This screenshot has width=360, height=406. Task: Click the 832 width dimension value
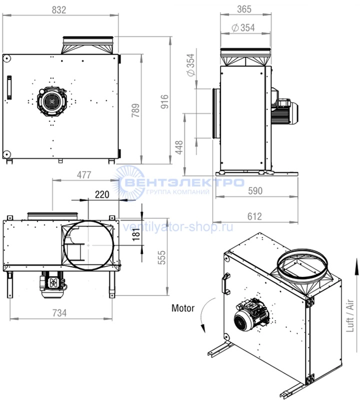[59, 10]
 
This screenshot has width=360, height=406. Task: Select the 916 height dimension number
[164, 101]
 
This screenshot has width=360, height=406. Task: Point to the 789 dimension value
[135, 110]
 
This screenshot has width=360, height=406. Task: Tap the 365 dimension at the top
[244, 9]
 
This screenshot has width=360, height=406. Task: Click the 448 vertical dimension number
[179, 147]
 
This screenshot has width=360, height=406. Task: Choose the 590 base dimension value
[255, 191]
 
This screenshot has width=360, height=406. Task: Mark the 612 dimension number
[254, 216]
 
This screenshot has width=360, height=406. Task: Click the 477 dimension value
[84, 175]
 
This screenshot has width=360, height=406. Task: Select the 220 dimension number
[102, 194]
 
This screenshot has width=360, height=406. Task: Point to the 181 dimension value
[136, 234]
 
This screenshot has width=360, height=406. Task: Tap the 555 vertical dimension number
[161, 257]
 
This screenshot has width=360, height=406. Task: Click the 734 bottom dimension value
[59, 313]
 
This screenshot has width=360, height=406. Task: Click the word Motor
[183, 308]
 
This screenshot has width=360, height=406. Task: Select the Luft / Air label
[350, 316]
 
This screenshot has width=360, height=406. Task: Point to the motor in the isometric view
[251, 315]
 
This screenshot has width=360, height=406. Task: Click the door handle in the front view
[9, 87]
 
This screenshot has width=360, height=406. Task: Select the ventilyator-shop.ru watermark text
[177, 227]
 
